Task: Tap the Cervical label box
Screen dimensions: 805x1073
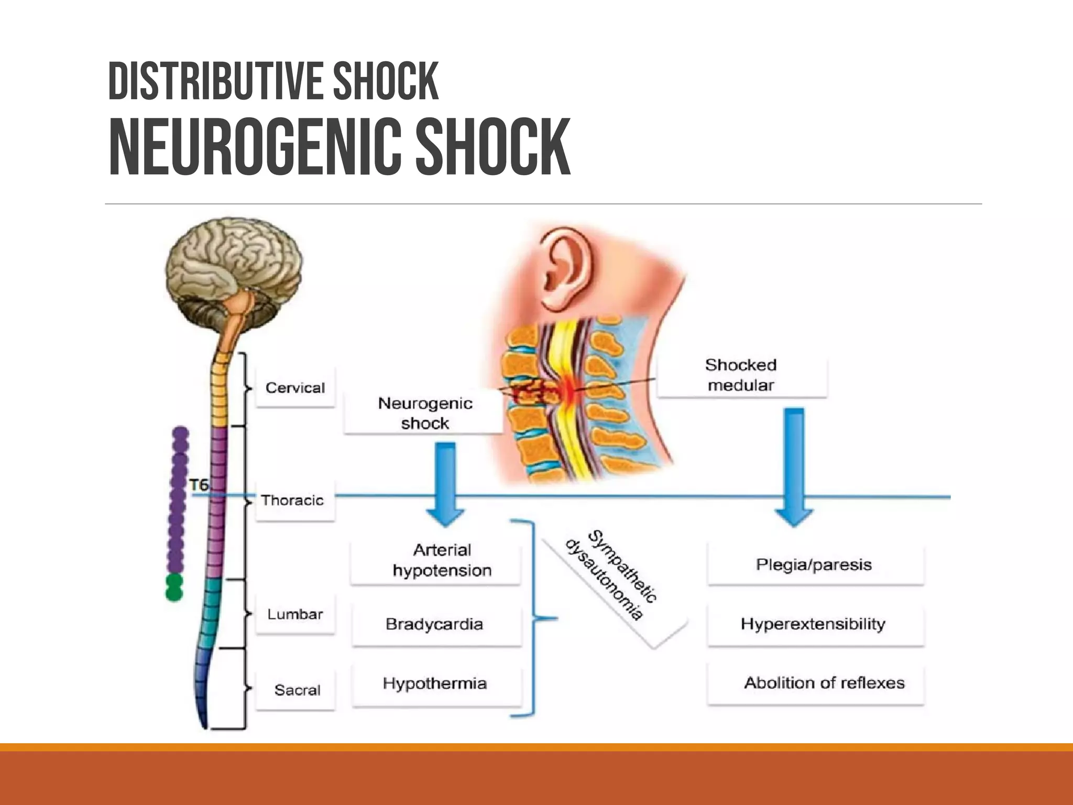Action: [295, 388]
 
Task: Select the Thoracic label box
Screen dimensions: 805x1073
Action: [294, 501]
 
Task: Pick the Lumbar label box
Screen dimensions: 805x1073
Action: [295, 614]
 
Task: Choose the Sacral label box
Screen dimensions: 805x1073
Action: [297, 690]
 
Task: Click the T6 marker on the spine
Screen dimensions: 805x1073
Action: [199, 485]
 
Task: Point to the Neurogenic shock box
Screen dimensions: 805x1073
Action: [424, 413]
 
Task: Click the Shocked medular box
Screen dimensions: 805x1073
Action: [741, 375]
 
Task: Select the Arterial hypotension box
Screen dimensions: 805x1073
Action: [442, 560]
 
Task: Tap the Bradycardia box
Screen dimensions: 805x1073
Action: [434, 624]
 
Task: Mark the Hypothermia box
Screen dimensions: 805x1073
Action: [435, 683]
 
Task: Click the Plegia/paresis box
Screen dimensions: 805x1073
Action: [814, 565]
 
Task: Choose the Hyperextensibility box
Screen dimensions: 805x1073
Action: [813, 624]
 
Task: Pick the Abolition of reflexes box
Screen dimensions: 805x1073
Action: [824, 683]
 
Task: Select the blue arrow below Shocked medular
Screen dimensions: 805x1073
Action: [794, 466]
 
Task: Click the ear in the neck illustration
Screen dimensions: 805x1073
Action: [566, 267]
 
